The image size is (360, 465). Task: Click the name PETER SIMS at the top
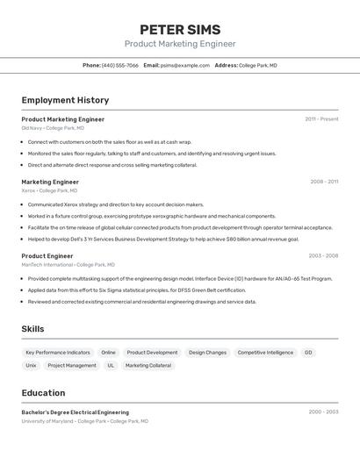click(180, 30)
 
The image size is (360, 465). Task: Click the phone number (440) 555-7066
click(120, 65)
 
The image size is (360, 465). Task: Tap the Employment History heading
click(65, 100)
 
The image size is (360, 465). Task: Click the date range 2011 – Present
click(321, 119)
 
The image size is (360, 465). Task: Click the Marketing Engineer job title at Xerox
click(50, 182)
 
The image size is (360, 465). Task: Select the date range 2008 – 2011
click(324, 182)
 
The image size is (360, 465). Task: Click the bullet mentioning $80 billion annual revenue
click(163, 239)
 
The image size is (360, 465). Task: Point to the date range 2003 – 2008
click(323, 256)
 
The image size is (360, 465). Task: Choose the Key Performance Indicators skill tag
click(58, 353)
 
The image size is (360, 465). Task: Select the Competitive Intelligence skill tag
click(265, 353)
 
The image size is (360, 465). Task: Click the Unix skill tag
click(31, 365)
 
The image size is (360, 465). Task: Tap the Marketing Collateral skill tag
click(148, 365)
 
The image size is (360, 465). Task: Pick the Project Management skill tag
click(72, 365)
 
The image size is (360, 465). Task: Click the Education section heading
click(43, 393)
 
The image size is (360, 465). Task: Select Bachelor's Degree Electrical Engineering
click(76, 412)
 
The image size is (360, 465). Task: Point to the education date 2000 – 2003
click(323, 411)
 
